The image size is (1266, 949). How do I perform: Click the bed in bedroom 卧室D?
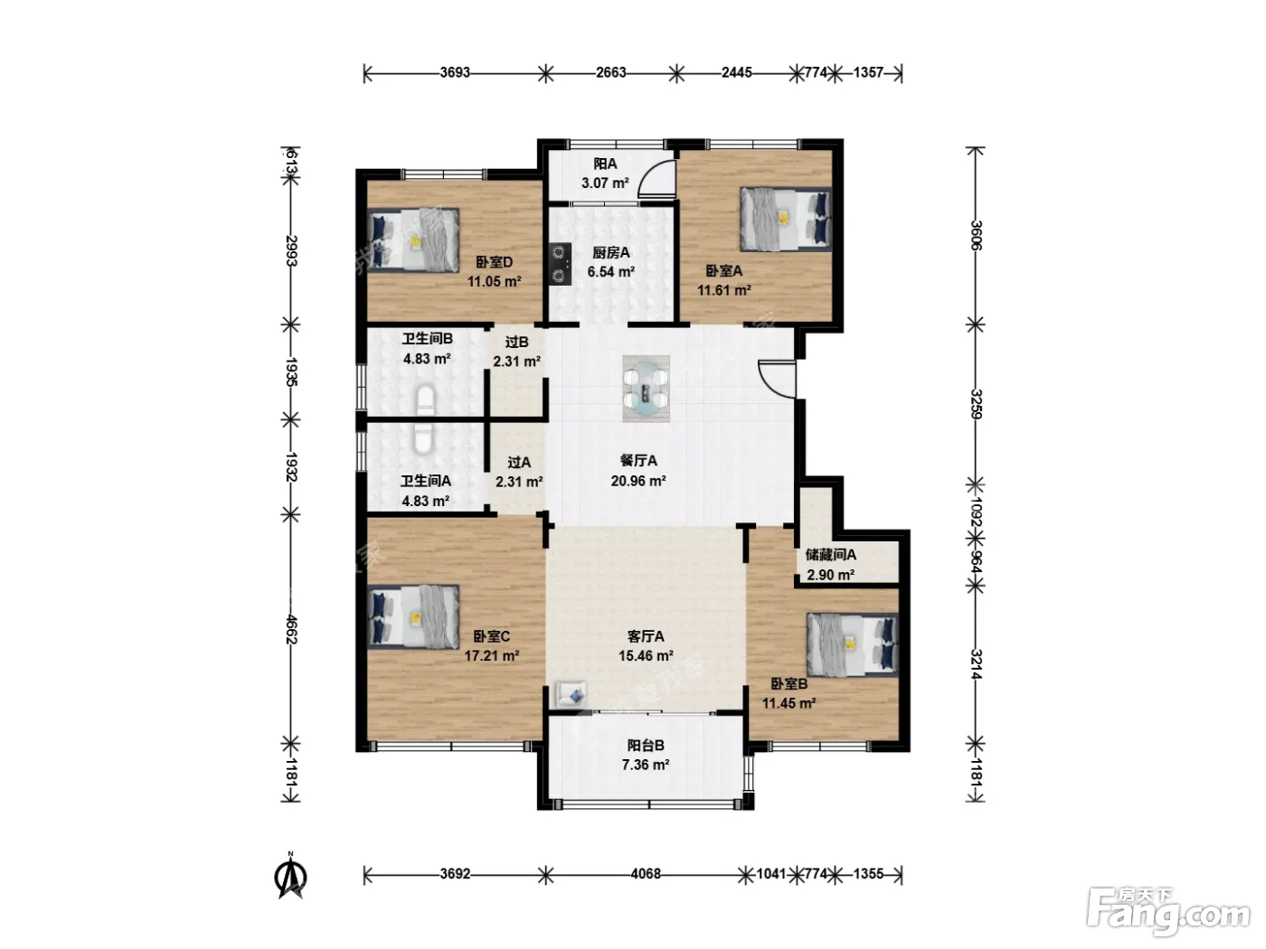point(413,240)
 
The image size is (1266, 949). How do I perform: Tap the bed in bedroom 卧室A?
point(786,219)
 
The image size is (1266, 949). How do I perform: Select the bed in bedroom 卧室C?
point(413,617)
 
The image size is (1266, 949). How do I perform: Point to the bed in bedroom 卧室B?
point(853,644)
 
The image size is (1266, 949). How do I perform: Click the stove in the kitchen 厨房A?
point(560,264)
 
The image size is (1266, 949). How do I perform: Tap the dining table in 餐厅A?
point(646,389)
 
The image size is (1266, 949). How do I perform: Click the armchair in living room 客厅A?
point(571,695)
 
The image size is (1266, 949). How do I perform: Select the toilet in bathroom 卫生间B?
point(426,401)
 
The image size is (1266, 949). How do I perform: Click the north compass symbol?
point(291,877)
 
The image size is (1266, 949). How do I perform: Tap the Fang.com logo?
point(1168,912)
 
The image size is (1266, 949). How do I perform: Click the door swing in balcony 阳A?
point(657,181)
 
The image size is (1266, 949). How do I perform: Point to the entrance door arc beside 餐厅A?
point(777,379)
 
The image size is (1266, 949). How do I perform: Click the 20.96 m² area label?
point(638,481)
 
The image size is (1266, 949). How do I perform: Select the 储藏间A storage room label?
point(830,555)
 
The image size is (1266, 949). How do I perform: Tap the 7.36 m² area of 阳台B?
point(646,765)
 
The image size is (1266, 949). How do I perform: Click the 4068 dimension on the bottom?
point(646,874)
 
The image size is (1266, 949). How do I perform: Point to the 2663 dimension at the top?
point(610,72)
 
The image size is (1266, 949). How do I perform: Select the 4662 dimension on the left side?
point(290,629)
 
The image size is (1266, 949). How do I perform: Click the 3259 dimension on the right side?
point(976,404)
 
